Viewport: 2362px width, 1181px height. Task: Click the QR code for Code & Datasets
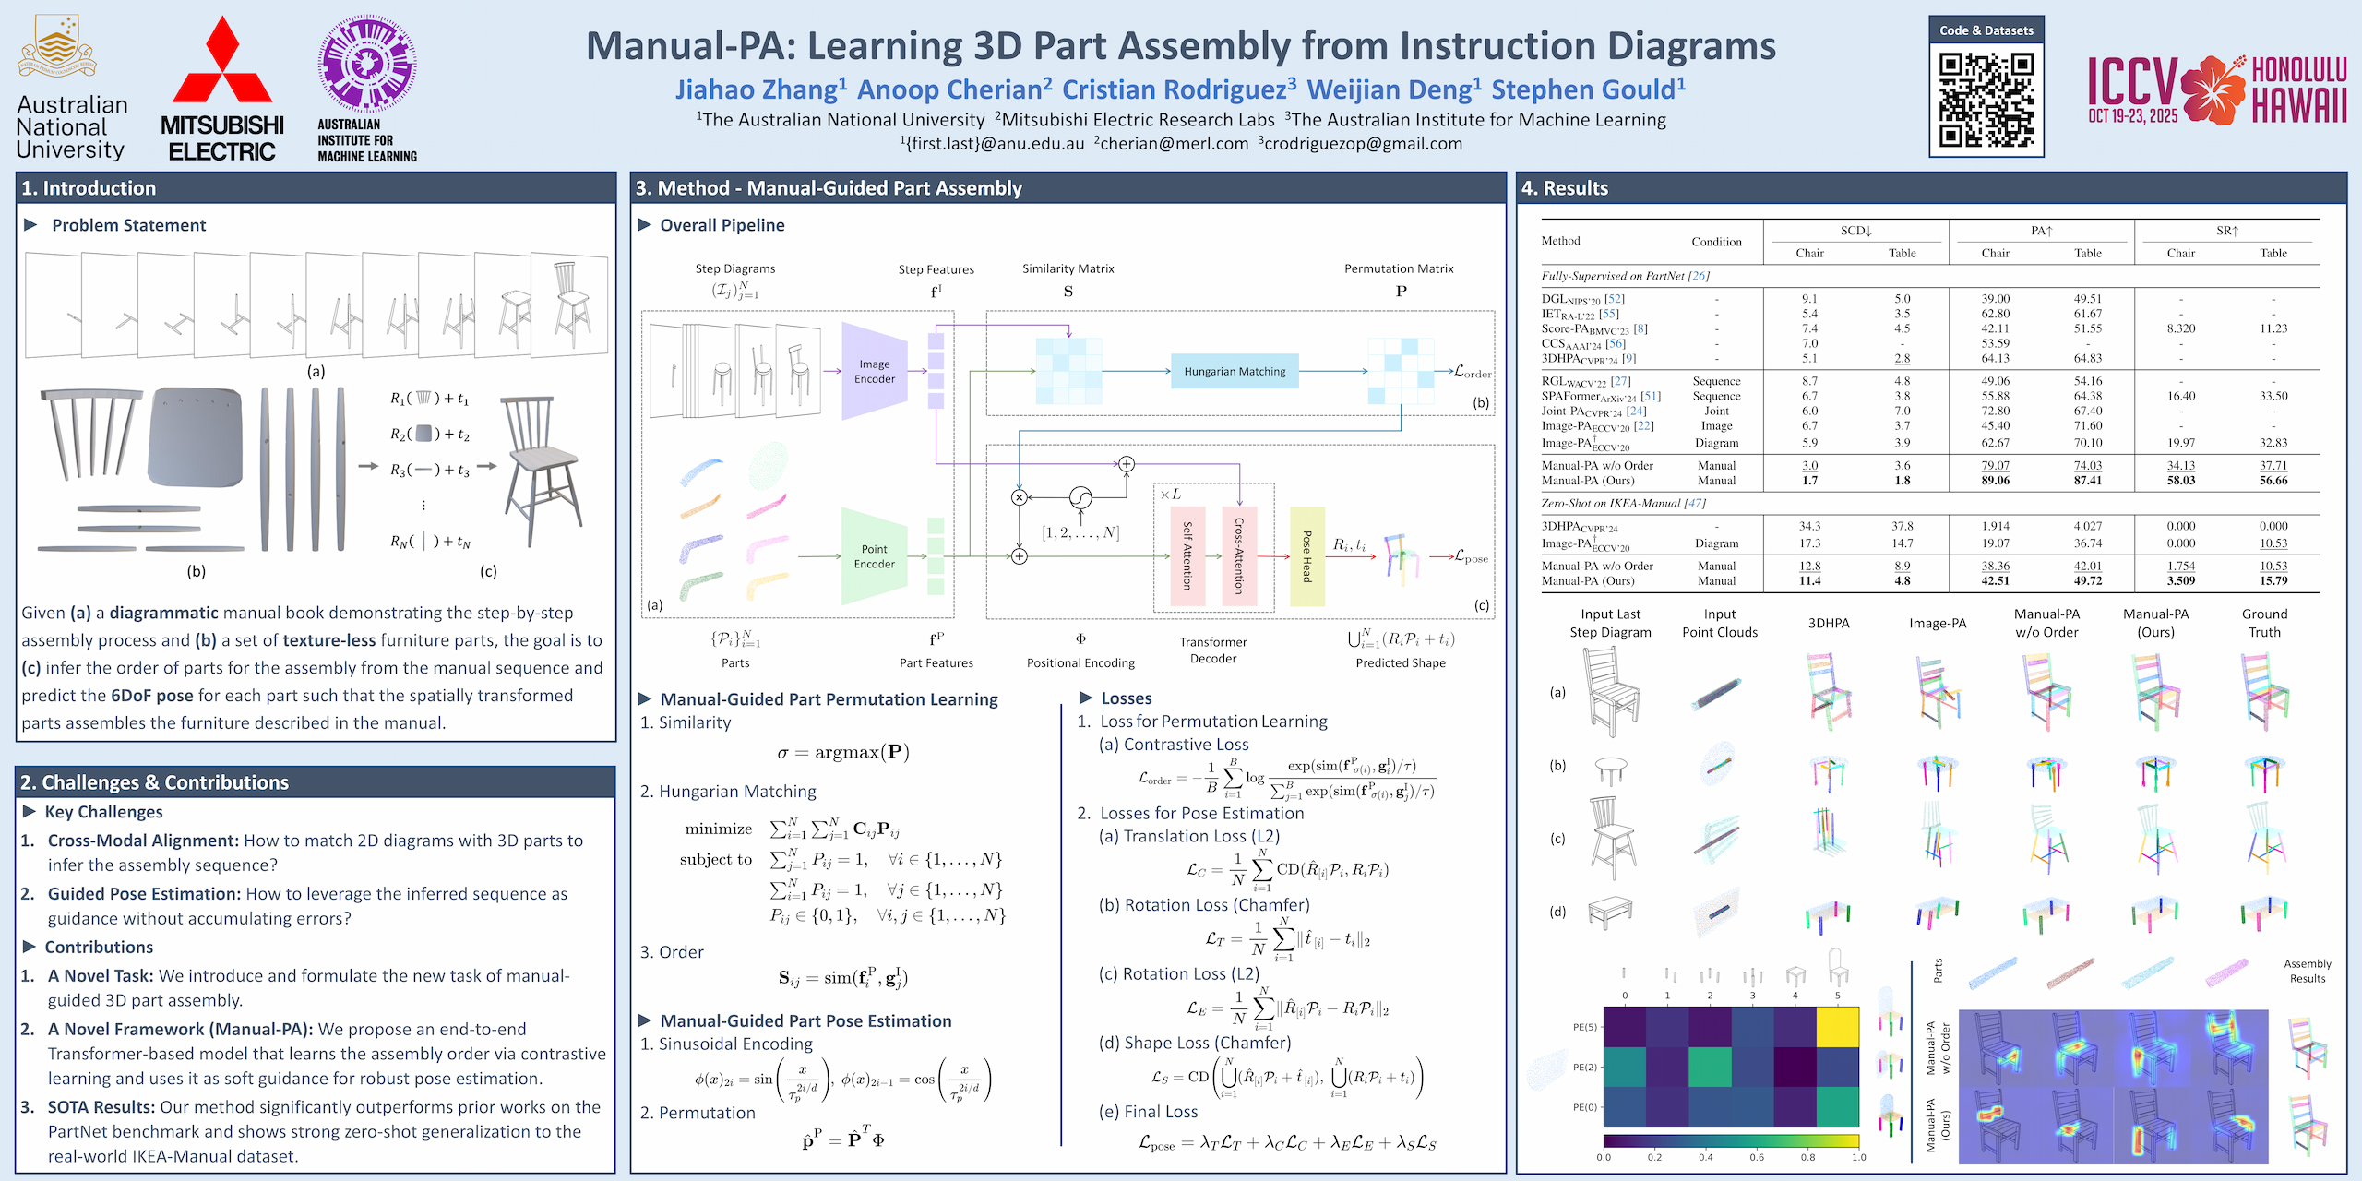pyautogui.click(x=1986, y=100)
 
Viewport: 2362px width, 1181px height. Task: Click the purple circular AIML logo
pyautogui.click(x=367, y=63)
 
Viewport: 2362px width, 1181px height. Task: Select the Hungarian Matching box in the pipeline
pyautogui.click(x=1235, y=372)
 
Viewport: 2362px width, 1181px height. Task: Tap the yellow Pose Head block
pyautogui.click(x=1306, y=556)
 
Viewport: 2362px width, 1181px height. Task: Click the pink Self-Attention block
pyautogui.click(x=1187, y=556)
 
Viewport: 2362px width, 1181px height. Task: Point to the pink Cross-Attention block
pyautogui.click(x=1239, y=556)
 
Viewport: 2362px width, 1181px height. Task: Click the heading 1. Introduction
pyautogui.click(x=89, y=188)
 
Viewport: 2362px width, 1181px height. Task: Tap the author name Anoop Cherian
pyautogui.click(x=954, y=89)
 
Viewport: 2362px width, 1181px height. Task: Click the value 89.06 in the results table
pyautogui.click(x=1995, y=481)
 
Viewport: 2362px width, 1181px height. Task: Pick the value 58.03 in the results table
pyautogui.click(x=2181, y=481)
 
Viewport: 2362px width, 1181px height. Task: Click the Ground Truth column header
pyautogui.click(x=2264, y=624)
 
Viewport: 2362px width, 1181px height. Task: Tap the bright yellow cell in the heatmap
pyautogui.click(x=1837, y=1027)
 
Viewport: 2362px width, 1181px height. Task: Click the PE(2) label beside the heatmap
pyautogui.click(x=1584, y=1068)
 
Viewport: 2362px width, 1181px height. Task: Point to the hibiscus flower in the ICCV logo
pyautogui.click(x=2213, y=90)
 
